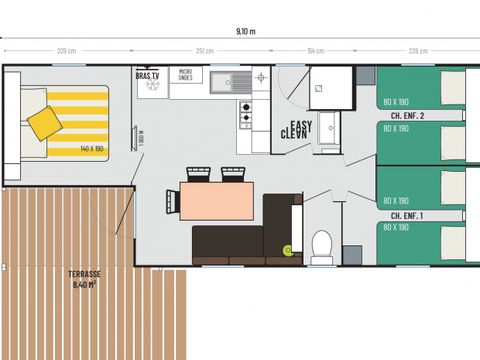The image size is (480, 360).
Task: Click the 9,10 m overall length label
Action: [245, 31]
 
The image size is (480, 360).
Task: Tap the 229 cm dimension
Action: [66, 51]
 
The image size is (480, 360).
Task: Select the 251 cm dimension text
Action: [205, 51]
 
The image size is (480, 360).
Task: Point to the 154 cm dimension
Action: [315, 51]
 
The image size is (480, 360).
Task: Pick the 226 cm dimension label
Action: [418, 51]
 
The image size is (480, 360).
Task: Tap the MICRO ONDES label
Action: [185, 75]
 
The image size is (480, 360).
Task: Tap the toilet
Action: [322, 246]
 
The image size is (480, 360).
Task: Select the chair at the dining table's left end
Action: [171, 201]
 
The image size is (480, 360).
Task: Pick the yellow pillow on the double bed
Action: [44, 122]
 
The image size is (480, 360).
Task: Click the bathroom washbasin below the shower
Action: [326, 148]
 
